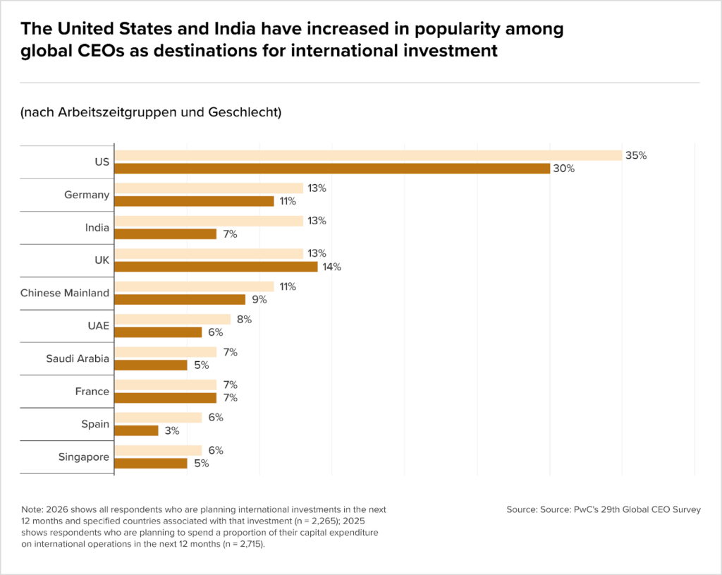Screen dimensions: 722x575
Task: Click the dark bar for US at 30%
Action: [332, 169]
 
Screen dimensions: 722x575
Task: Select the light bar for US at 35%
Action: [368, 156]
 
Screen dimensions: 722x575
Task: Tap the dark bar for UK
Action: [216, 267]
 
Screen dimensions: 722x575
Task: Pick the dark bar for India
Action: [165, 234]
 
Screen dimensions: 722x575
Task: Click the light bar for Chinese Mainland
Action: [195, 286]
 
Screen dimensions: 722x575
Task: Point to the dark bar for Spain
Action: [136, 431]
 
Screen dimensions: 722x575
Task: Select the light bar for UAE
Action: [173, 320]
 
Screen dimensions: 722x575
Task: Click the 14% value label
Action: [331, 267]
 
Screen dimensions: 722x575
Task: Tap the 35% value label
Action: [636, 156]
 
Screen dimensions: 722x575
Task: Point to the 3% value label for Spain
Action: [172, 431]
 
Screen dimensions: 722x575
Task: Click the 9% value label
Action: [259, 299]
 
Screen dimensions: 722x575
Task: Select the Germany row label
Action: [87, 195]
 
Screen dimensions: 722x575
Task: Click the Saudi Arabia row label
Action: [78, 358]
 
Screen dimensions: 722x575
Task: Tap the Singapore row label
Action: [84, 457]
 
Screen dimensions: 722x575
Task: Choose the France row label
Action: [92, 391]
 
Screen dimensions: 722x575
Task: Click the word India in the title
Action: [235, 28]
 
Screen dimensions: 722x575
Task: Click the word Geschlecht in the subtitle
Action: [245, 112]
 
